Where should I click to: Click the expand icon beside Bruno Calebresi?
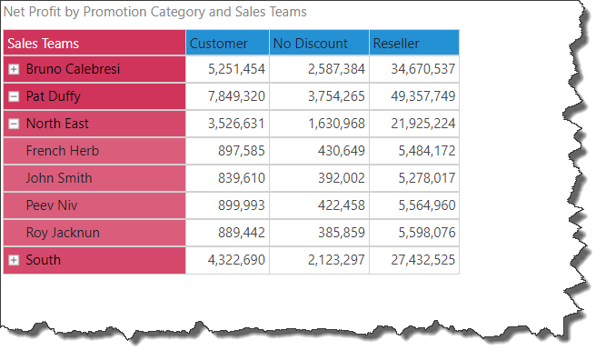[14, 69]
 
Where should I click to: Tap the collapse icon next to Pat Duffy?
[14, 96]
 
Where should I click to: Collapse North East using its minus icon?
[14, 124]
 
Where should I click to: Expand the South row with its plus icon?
[14, 260]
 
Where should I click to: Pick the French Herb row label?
[62, 151]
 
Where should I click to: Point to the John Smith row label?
[59, 178]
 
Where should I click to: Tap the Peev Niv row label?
[52, 205]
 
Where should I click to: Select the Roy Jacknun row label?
[63, 233]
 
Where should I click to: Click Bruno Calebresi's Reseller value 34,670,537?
[422, 69]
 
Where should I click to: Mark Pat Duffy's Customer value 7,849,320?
[236, 96]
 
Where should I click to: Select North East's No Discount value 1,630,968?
[336, 124]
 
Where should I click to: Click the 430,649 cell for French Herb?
[342, 151]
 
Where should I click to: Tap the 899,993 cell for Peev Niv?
[241, 205]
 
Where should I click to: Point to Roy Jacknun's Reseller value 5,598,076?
[427, 233]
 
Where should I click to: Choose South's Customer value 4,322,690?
[236, 260]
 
